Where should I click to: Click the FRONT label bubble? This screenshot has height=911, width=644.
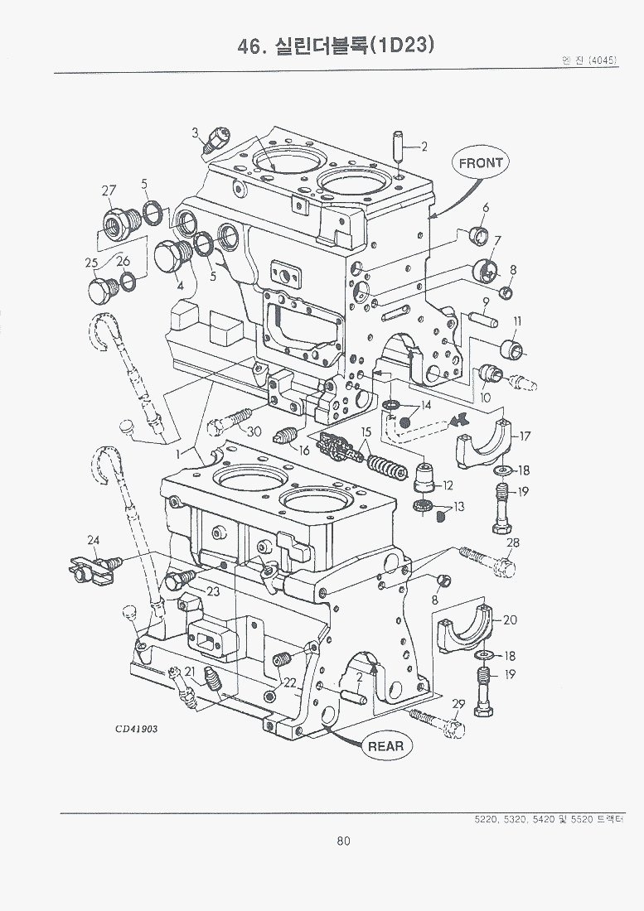pyautogui.click(x=482, y=162)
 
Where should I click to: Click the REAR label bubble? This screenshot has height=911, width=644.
pyautogui.click(x=385, y=746)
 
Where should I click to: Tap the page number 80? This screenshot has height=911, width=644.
pyautogui.click(x=344, y=841)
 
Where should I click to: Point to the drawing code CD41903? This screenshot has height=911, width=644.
pyautogui.click(x=137, y=729)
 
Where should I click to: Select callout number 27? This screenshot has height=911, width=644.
pyautogui.click(x=109, y=191)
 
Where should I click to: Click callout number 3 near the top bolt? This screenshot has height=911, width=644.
pyautogui.click(x=196, y=133)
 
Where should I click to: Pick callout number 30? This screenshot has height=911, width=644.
pyautogui.click(x=254, y=431)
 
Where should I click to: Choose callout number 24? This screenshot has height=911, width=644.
pyautogui.click(x=94, y=542)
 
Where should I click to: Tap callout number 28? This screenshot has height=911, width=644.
pyautogui.click(x=513, y=542)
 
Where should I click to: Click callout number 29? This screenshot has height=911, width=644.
pyautogui.click(x=457, y=706)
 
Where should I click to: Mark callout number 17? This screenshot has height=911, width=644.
pyautogui.click(x=525, y=435)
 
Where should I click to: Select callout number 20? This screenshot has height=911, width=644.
pyautogui.click(x=510, y=619)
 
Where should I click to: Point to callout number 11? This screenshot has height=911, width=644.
pyautogui.click(x=516, y=321)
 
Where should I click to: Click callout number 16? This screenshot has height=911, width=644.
pyautogui.click(x=303, y=450)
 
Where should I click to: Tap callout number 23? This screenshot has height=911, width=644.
pyautogui.click(x=213, y=591)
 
